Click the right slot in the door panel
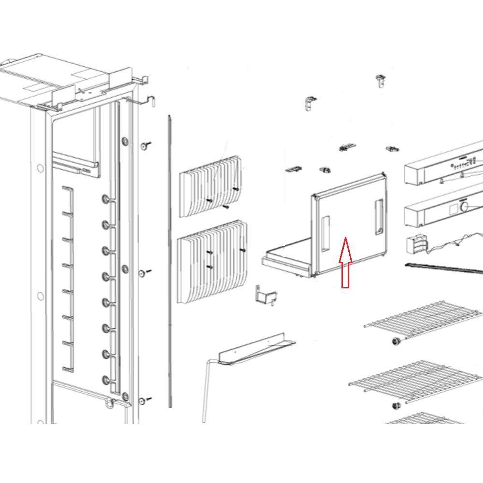(x=379, y=217)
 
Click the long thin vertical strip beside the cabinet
(x=170, y=261)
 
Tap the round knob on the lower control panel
(x=465, y=207)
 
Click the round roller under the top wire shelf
(x=398, y=341)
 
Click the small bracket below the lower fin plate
(x=265, y=295)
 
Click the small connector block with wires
(x=416, y=244)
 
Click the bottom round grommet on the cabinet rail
(x=106, y=380)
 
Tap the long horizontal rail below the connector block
(x=444, y=268)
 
